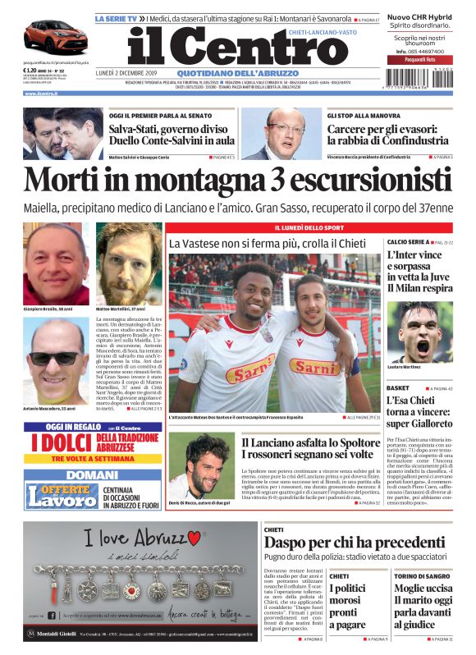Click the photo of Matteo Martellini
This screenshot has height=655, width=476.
(128, 263)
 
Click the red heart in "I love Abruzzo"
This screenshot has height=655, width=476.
(194, 538)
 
